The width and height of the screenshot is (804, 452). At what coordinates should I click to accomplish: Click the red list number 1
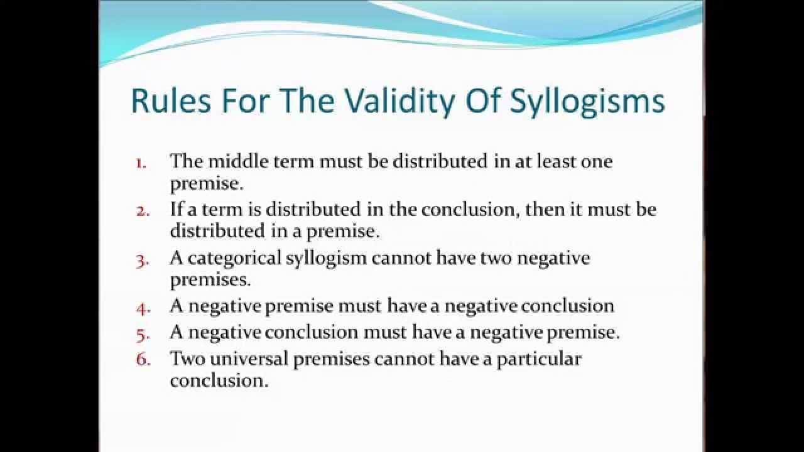point(141,163)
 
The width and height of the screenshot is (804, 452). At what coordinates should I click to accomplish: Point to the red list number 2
point(143,211)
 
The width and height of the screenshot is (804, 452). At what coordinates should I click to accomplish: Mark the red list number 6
point(143,360)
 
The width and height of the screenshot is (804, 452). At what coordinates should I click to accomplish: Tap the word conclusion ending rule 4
point(567,306)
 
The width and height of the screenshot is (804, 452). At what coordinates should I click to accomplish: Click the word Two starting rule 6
point(184,358)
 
